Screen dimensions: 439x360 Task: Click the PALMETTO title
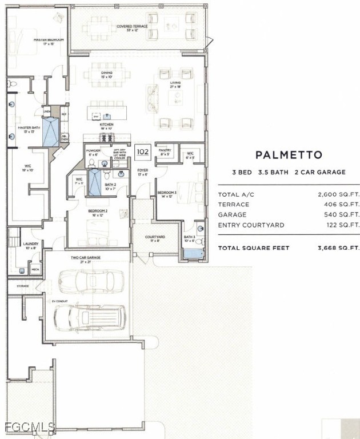pyautogui.click(x=289, y=155)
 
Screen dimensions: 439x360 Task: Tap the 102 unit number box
pyautogui.click(x=142, y=152)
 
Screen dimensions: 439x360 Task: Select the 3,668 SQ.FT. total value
pyautogui.click(x=338, y=248)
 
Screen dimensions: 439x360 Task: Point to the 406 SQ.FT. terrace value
pyautogui.click(x=339, y=205)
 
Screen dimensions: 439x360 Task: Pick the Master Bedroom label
pyautogui.click(x=48, y=41)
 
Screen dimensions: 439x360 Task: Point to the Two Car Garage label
pyautogui.click(x=86, y=258)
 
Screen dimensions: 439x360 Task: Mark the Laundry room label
pyautogui.click(x=31, y=245)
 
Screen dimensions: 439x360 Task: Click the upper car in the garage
pyautogui.click(x=91, y=281)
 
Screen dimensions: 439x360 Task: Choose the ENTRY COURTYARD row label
pyautogui.click(x=251, y=225)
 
